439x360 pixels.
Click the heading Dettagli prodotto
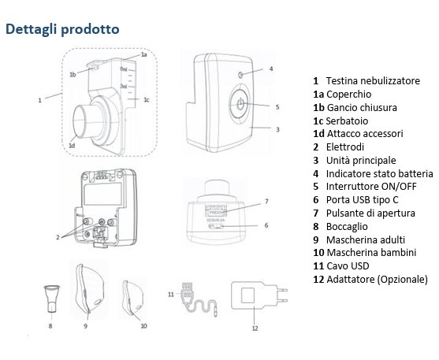62,28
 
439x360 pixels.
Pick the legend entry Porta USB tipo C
363,200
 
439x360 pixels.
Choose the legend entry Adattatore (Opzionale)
370,280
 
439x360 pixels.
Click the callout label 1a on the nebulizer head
143,54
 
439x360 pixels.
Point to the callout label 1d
72,145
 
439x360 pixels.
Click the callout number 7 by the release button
266,201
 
